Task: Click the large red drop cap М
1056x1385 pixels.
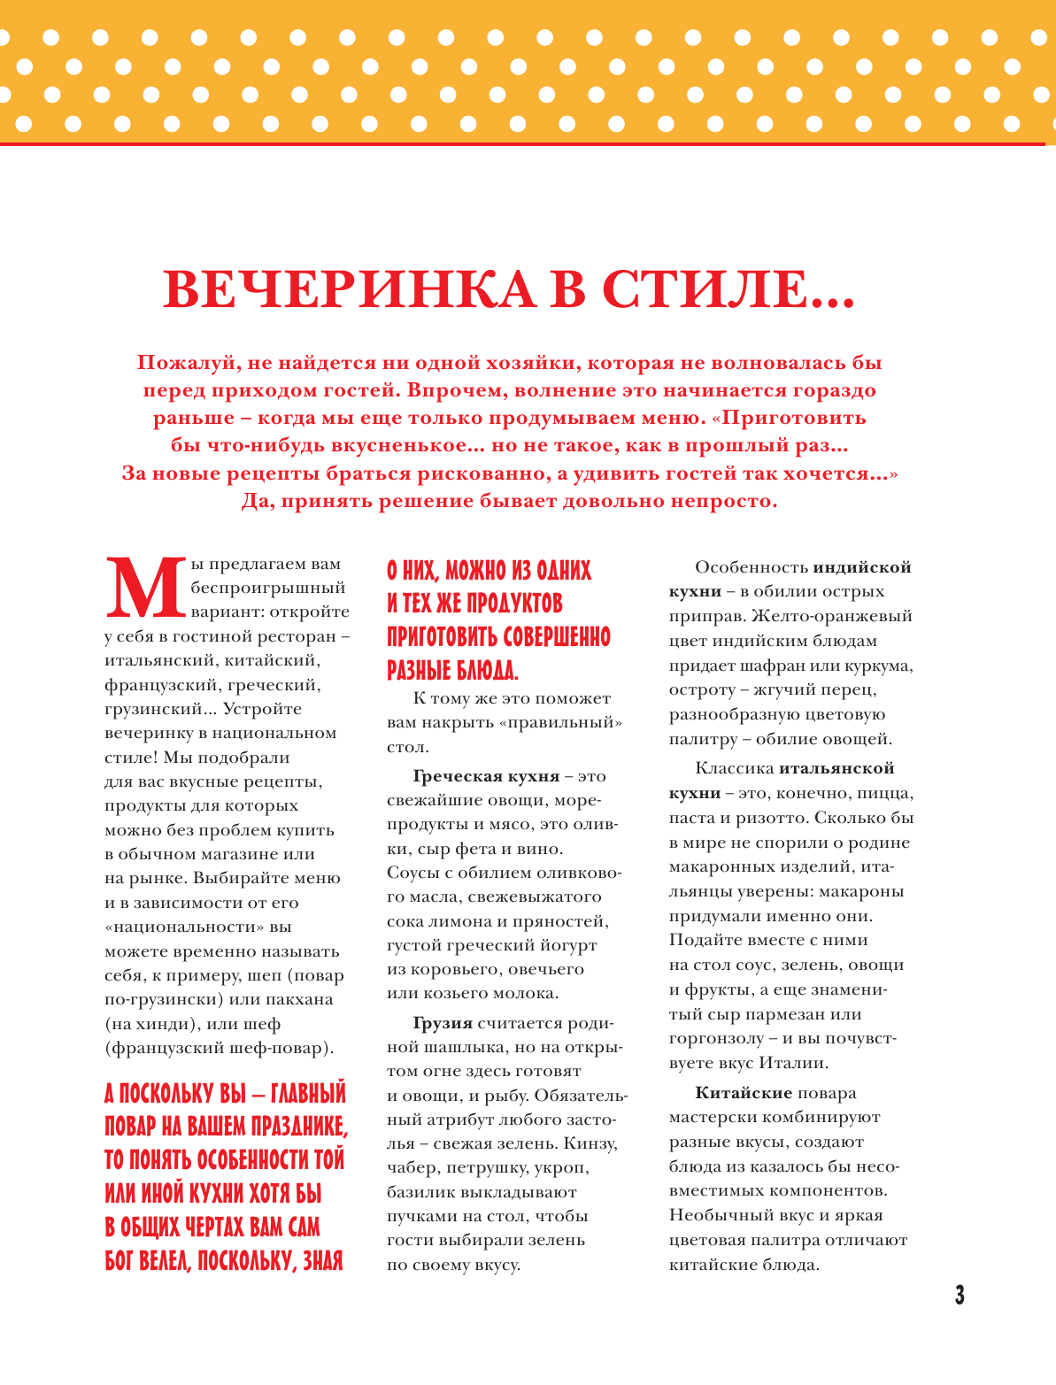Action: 145,588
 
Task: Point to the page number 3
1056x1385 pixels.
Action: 959,1296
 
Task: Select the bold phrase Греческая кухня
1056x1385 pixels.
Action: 486,776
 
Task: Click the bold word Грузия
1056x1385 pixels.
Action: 443,1023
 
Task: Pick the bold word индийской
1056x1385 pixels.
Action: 862,567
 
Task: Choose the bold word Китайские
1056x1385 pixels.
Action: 744,1093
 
